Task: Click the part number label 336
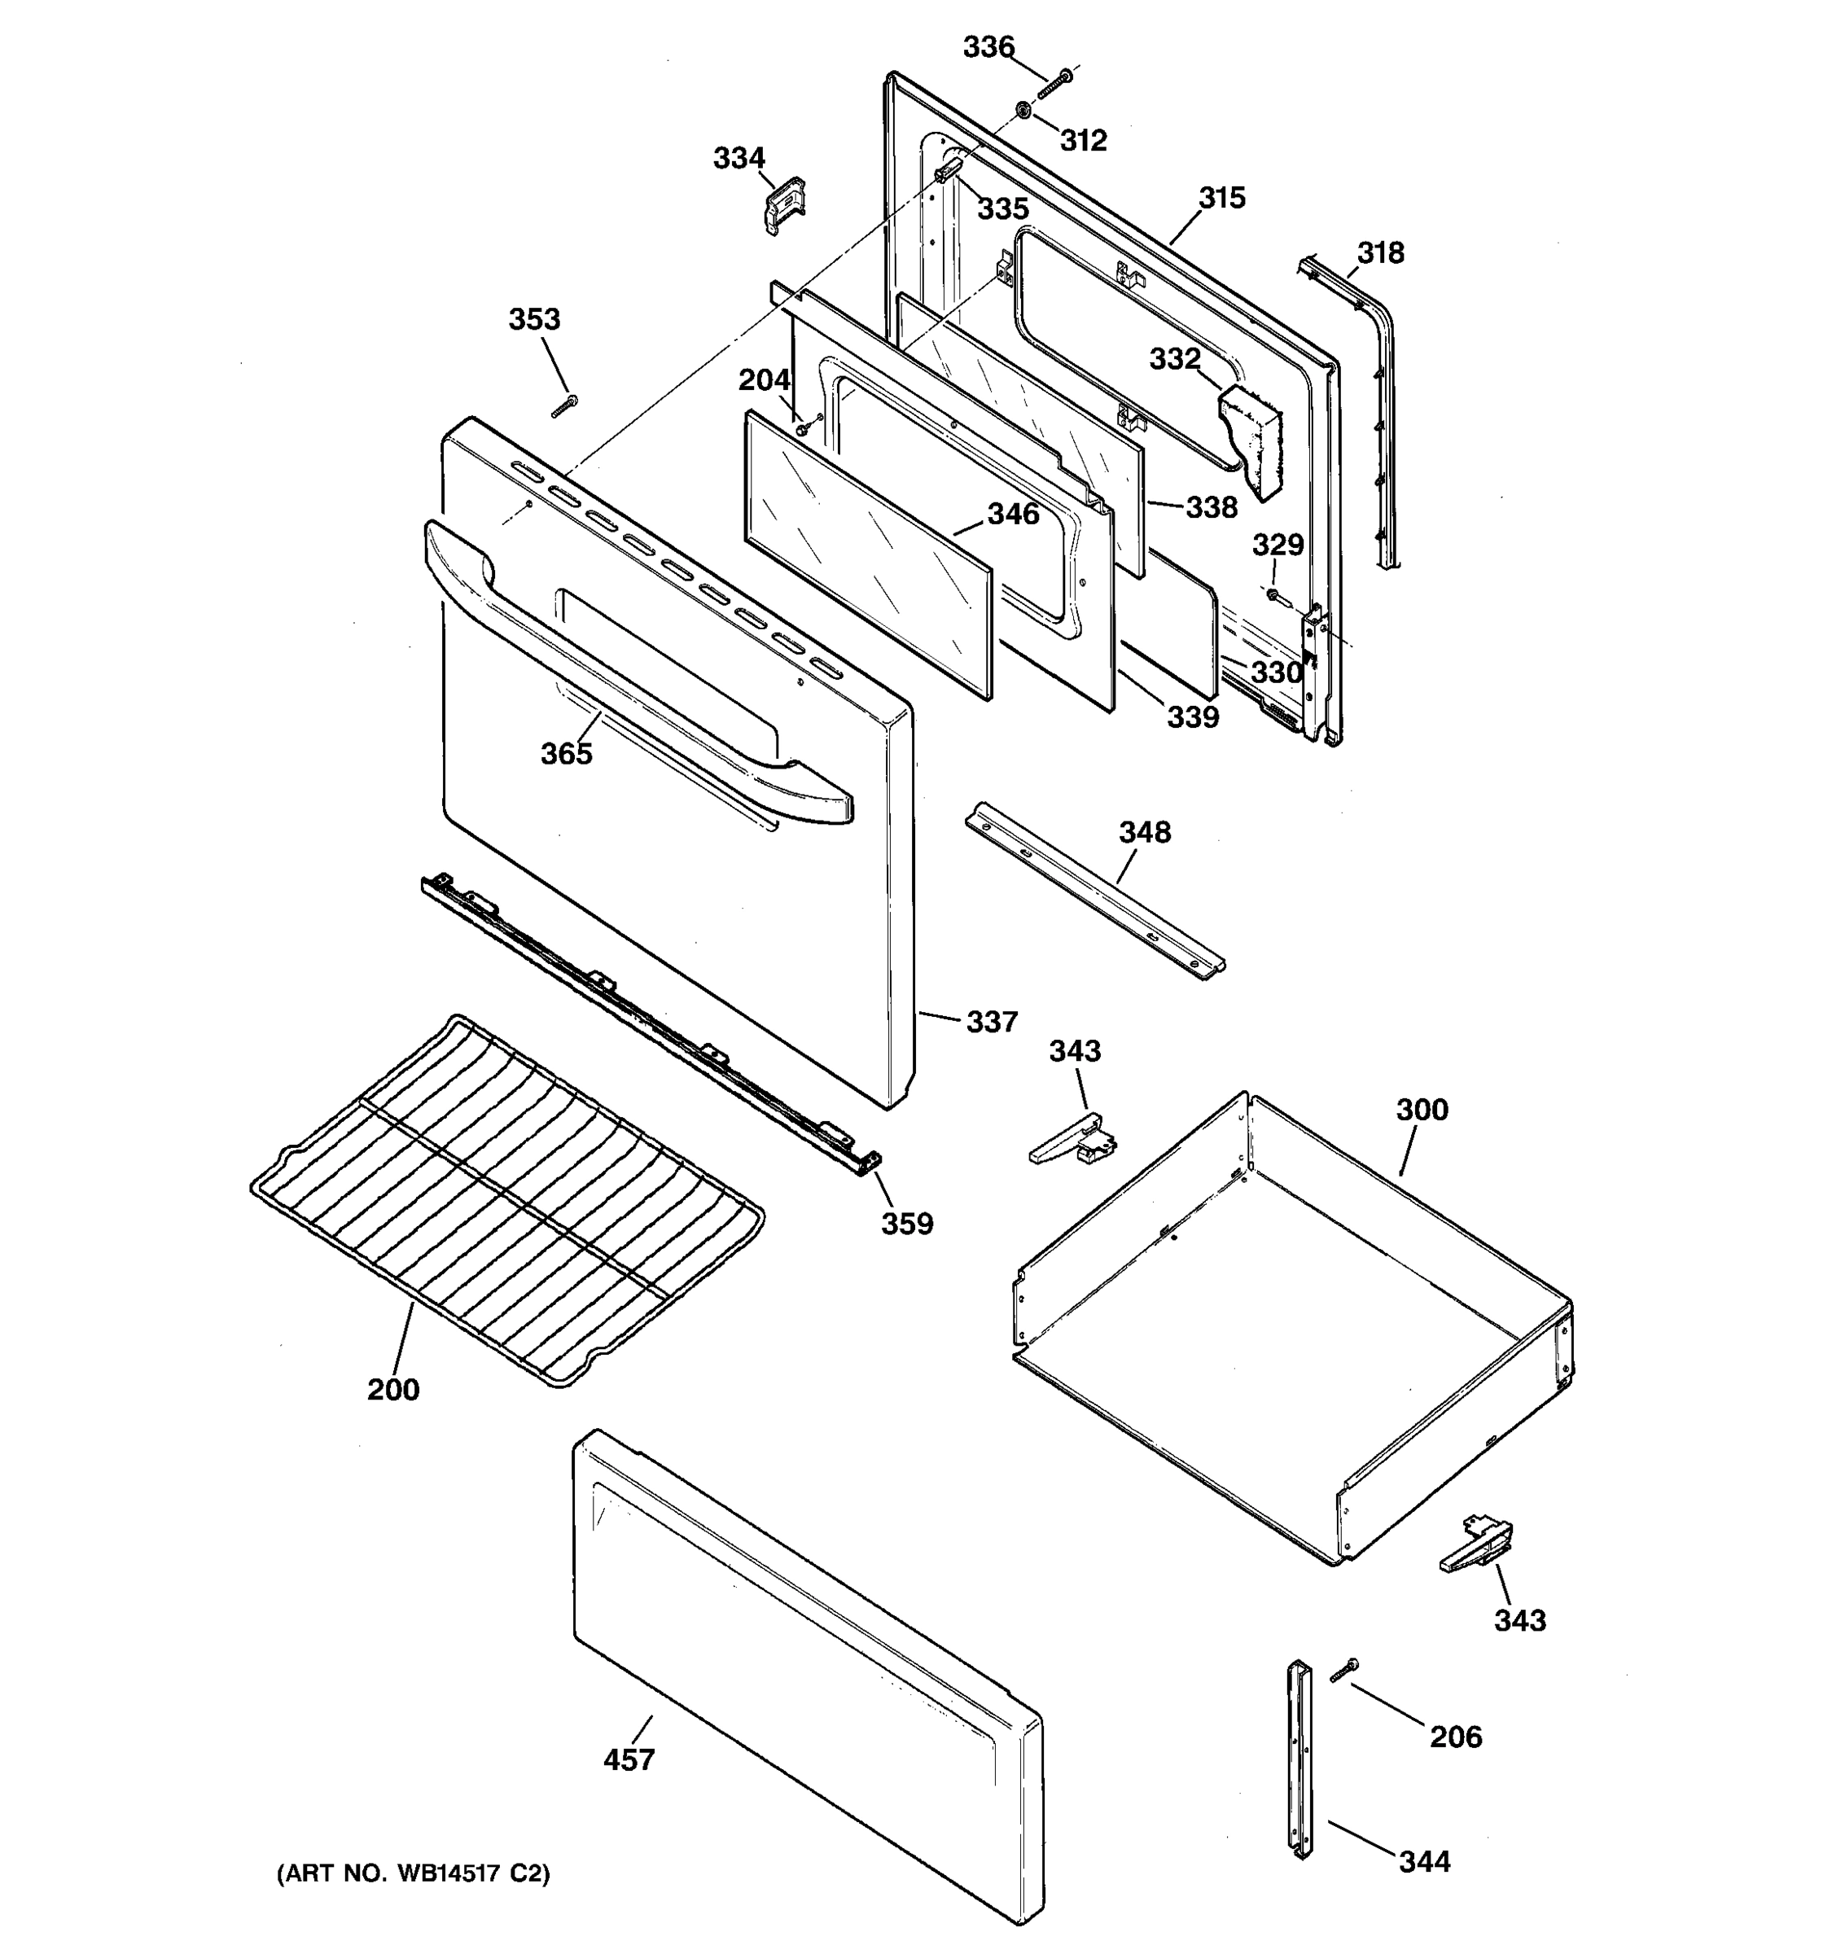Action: (988, 46)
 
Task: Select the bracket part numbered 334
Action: (784, 204)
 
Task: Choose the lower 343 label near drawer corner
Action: (1519, 1620)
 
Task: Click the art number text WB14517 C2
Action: (413, 1873)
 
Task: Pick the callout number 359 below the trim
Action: (906, 1224)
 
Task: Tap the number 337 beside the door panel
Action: (991, 1023)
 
